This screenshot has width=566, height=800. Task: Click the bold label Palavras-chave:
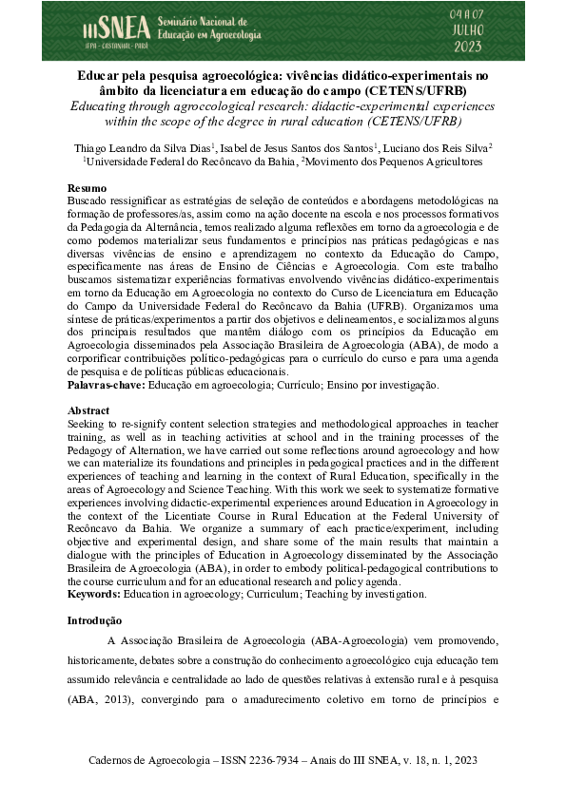106,387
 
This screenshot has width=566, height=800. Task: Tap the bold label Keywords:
93,594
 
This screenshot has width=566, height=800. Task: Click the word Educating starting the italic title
104,106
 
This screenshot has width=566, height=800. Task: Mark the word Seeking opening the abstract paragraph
87,424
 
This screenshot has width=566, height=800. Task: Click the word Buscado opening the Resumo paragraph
88,201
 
